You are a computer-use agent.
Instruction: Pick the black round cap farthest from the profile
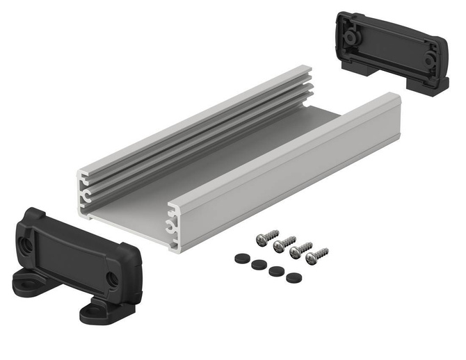point(291,277)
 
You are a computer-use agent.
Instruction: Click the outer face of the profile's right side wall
point(292,163)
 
